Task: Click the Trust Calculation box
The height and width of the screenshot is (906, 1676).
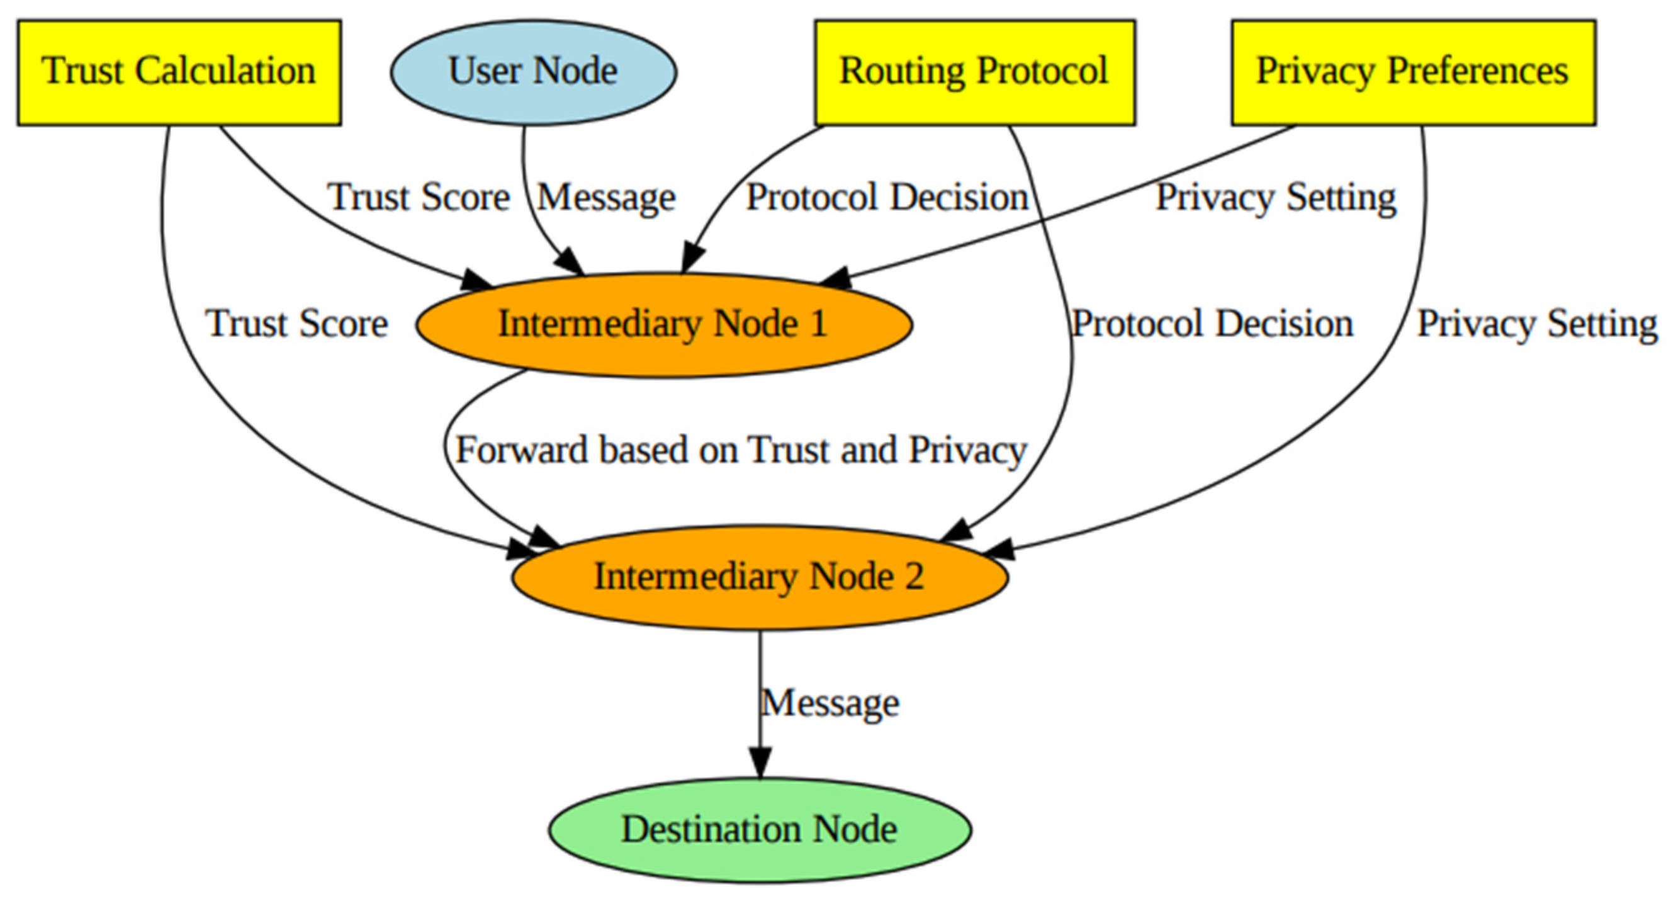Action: click(x=179, y=72)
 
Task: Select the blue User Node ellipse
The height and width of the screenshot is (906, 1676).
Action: click(x=533, y=72)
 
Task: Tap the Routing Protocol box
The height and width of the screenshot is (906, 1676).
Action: click(x=974, y=72)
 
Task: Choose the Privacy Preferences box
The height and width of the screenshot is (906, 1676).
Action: click(x=1412, y=72)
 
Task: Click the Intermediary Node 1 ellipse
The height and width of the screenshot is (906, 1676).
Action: click(x=663, y=324)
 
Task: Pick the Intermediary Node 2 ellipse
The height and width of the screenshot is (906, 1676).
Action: click(x=759, y=577)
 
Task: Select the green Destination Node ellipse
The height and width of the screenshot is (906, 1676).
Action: click(x=759, y=830)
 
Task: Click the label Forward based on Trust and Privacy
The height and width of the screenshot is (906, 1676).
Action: click(x=740, y=450)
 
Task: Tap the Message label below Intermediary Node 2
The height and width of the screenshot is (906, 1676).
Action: click(x=830, y=703)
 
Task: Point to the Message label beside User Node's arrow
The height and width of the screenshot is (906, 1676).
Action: click(x=606, y=197)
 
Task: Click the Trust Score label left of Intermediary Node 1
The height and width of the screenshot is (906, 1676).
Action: click(x=297, y=324)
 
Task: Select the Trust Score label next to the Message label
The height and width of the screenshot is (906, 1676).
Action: click(x=419, y=197)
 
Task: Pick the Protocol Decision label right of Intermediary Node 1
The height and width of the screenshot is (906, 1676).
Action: click(x=1212, y=324)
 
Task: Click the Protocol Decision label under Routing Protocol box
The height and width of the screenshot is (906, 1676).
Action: click(x=887, y=197)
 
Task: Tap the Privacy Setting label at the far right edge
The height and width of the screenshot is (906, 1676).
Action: click(x=1537, y=324)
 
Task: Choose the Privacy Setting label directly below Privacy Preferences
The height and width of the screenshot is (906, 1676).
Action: click(x=1275, y=197)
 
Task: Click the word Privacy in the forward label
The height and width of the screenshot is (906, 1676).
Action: click(x=967, y=450)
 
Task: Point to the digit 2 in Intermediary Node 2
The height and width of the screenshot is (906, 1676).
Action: click(x=914, y=577)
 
